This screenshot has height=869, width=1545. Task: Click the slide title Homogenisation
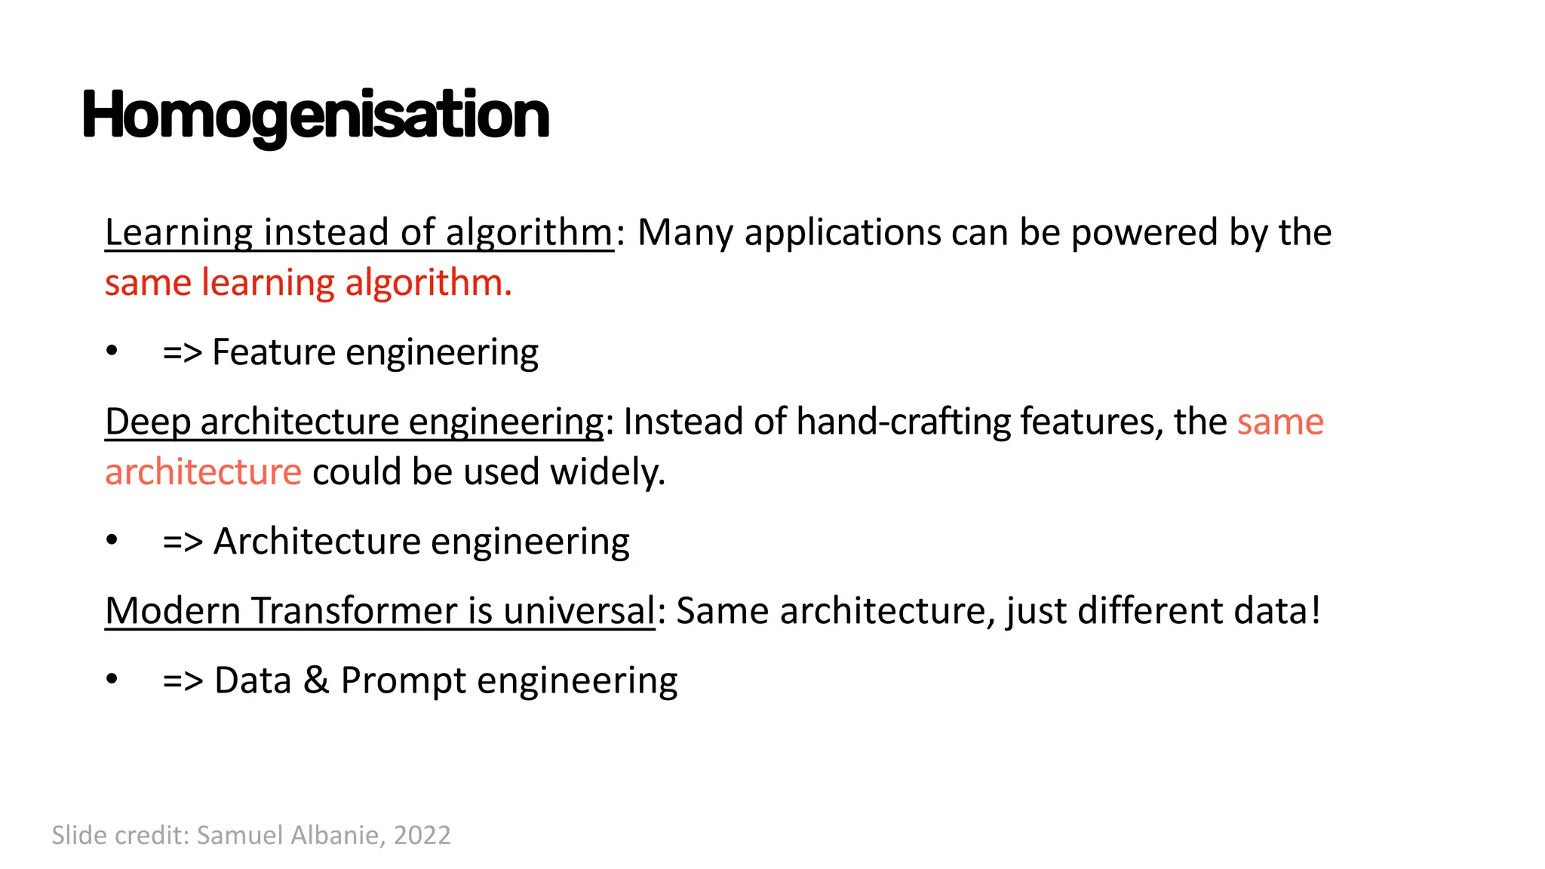tap(315, 115)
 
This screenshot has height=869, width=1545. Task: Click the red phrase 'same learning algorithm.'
tap(308, 283)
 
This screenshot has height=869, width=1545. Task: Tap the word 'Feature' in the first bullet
tap(273, 352)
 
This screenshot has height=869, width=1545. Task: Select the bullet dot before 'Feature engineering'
tap(112, 351)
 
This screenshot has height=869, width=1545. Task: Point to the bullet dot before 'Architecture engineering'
tap(112, 540)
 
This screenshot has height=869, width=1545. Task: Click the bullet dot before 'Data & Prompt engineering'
tap(112, 679)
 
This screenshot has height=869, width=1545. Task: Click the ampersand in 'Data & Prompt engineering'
tap(316, 680)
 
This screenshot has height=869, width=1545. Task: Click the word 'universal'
tap(579, 610)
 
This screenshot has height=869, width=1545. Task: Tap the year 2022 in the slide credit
tap(422, 835)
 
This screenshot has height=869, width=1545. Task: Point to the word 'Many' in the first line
tap(685, 232)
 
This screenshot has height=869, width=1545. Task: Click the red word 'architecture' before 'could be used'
tap(203, 471)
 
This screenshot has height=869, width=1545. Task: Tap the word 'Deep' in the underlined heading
tap(147, 422)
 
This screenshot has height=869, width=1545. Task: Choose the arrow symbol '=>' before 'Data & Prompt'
tap(183, 680)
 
